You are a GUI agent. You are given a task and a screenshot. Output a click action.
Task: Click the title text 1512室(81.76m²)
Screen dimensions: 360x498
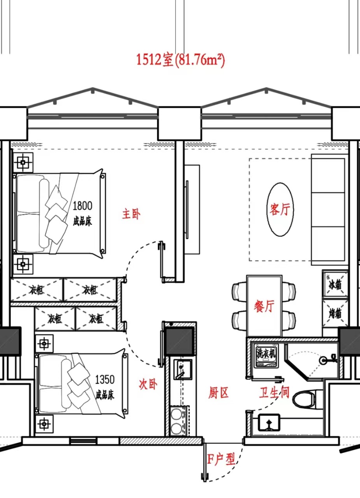(x=180, y=60)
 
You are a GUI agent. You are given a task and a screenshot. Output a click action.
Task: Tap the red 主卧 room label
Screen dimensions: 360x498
(x=131, y=214)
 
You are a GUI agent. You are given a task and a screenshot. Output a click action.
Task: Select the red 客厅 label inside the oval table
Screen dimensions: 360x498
(x=280, y=209)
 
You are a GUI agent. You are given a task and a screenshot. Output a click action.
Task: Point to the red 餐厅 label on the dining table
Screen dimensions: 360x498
(x=264, y=306)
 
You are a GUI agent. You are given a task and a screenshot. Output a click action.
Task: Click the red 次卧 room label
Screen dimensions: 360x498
(x=148, y=384)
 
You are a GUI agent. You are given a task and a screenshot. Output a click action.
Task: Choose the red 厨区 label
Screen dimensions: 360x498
(x=218, y=393)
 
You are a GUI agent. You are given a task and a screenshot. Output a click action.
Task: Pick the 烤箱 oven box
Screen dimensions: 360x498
(x=335, y=313)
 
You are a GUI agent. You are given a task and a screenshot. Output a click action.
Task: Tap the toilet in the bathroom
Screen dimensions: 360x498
(x=304, y=399)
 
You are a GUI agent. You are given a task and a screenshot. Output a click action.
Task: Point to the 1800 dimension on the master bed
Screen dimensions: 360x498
(x=82, y=206)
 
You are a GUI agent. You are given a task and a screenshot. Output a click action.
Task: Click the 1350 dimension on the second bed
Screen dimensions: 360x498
(x=105, y=379)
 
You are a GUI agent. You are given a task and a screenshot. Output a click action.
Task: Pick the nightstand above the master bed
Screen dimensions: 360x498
(x=23, y=162)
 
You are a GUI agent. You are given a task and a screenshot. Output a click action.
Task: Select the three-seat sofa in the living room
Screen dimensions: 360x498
(x=328, y=210)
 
